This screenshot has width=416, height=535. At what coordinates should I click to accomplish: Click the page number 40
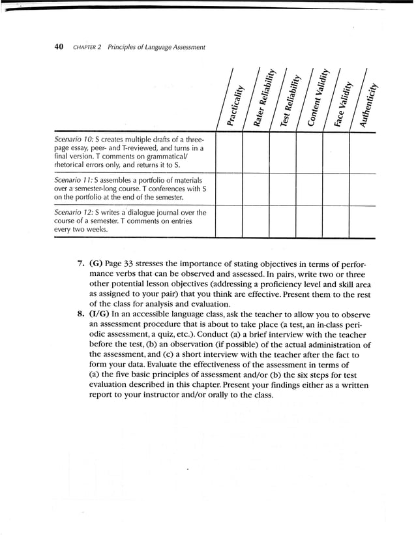(x=58, y=47)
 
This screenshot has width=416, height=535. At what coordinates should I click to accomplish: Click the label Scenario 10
(x=72, y=140)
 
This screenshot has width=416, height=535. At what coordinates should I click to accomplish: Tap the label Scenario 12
(x=72, y=212)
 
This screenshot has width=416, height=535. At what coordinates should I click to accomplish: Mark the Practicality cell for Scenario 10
(x=229, y=152)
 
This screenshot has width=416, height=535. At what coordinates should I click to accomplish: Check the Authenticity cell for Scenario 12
(x=362, y=221)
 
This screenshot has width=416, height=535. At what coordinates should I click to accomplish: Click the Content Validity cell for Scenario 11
(x=309, y=188)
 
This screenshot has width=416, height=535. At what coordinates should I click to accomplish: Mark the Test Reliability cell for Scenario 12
(x=282, y=221)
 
